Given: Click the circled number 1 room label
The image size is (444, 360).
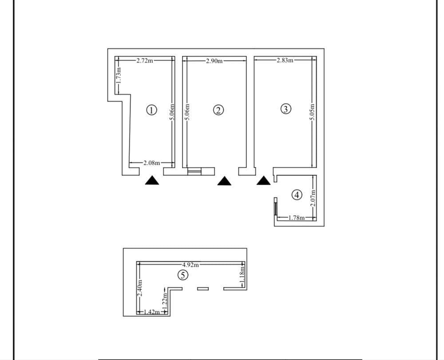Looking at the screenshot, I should [x=152, y=110].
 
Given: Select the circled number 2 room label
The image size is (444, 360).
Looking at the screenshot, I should [x=218, y=110].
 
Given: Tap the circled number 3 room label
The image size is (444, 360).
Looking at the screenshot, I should [x=286, y=108].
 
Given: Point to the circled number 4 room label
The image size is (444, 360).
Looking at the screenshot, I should [x=297, y=194].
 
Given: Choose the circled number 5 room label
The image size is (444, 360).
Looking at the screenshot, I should [x=182, y=275].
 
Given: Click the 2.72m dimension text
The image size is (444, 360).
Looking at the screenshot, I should [x=145, y=61].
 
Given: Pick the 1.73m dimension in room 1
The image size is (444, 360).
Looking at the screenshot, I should [x=119, y=75].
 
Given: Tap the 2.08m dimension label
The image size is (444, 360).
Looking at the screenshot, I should [x=151, y=163].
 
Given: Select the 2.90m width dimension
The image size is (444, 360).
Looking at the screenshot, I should [x=214, y=61].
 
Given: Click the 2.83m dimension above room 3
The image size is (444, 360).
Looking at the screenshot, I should [x=285, y=60].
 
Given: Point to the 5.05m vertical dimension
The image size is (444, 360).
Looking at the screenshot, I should [x=313, y=113].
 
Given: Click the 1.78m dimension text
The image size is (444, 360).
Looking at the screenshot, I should [x=296, y=218].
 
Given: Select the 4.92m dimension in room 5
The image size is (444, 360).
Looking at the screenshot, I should [x=191, y=264].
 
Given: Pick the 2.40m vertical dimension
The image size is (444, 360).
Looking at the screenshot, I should [x=140, y=289].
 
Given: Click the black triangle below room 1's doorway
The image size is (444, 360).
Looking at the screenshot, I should [x=152, y=180].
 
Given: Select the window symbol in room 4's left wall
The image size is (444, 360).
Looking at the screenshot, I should [x=275, y=209].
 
